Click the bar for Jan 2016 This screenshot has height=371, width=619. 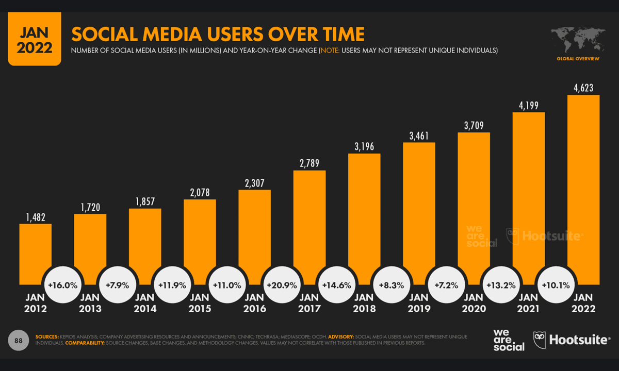click(254, 232)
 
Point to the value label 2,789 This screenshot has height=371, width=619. click(309, 163)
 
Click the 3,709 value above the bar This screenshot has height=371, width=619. click(474, 125)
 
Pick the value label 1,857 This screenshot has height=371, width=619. click(145, 201)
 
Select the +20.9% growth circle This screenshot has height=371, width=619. click(282, 285)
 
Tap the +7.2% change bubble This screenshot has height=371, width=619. click(446, 285)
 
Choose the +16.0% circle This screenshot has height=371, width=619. click(62, 285)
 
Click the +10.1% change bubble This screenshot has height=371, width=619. click(556, 285)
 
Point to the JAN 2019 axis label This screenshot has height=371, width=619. click(418, 303)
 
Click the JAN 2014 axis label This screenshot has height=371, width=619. click(145, 303)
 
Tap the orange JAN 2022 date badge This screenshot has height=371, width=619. click(35, 40)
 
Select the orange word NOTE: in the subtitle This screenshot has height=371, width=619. click(330, 50)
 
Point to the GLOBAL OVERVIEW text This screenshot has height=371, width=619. click(578, 59)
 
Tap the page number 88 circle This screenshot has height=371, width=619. click(18, 341)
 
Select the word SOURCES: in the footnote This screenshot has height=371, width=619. click(47, 337)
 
